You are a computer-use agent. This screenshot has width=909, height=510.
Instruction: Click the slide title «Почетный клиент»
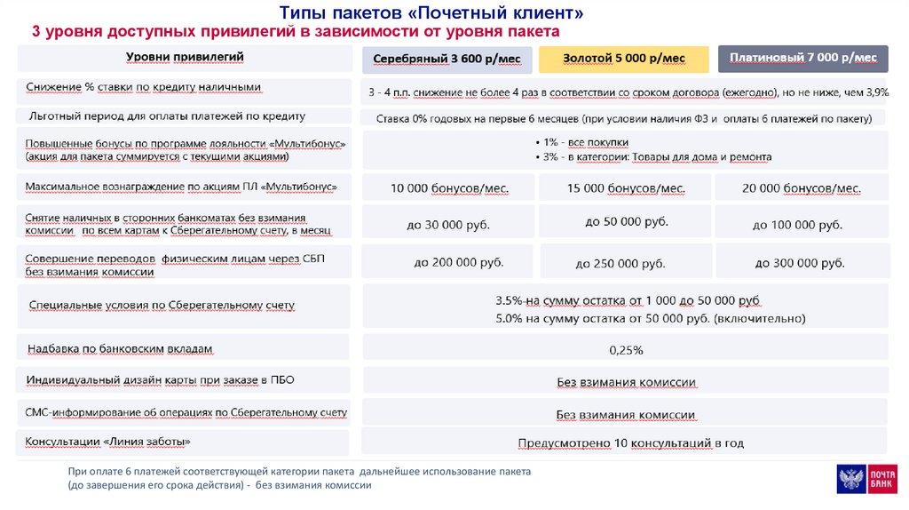(431, 12)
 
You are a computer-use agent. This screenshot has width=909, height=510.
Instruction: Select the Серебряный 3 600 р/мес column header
(447, 59)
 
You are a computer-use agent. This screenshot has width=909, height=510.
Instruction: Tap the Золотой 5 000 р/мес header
(624, 58)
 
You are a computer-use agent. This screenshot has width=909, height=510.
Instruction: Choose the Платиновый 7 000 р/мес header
(802, 58)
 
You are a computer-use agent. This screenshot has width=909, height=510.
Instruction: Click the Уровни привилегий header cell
(185, 57)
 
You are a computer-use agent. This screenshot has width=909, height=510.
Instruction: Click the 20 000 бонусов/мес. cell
(802, 188)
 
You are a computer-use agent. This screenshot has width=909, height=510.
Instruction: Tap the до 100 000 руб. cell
(797, 225)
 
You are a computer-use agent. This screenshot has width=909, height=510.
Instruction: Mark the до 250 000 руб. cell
(620, 263)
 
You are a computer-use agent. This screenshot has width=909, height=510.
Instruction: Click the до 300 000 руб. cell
(800, 263)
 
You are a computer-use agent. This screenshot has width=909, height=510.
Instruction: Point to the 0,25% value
(626, 350)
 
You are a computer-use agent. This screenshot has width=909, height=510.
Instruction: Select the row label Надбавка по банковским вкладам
(120, 349)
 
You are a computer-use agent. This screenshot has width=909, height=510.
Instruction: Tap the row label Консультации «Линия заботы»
(108, 441)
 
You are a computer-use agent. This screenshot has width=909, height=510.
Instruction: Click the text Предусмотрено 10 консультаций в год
(630, 442)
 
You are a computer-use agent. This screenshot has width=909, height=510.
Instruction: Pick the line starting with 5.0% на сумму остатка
(628, 318)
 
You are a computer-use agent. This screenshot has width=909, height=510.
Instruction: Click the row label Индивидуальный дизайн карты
(160, 379)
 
